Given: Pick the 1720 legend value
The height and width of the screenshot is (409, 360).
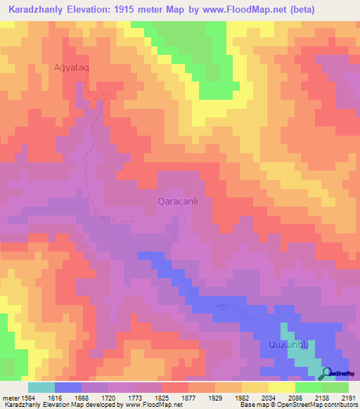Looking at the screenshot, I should [136, 397].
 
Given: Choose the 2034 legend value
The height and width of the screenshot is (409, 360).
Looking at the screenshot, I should [295, 397].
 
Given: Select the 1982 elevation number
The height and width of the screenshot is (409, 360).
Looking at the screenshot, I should [269, 397].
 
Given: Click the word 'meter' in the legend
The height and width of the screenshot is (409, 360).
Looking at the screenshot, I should [9, 397].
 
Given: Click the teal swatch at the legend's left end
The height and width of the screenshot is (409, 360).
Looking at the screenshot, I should [41, 387].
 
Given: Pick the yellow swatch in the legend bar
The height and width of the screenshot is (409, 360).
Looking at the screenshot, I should [282, 387].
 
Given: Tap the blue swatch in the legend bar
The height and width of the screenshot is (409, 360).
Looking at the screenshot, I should [68, 387].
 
